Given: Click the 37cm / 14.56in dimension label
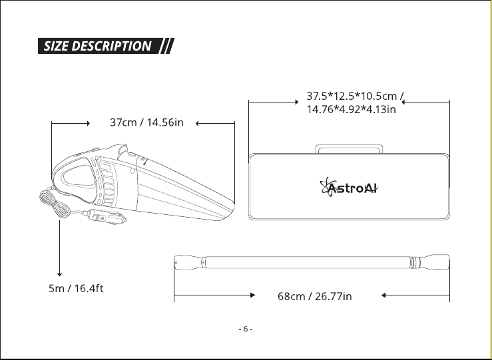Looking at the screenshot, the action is pos(146,122).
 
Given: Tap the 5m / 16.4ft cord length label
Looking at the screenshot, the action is pos(76,288).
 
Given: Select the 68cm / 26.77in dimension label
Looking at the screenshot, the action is pos(315,296).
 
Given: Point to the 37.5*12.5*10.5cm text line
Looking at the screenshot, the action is pos(355,96).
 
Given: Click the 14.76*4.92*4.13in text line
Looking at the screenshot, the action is pos(351,109).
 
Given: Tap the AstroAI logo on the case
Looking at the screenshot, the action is pos(349,187).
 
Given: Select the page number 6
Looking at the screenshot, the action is pos(246,329).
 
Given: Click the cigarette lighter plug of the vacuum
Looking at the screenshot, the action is pos(105,216).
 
